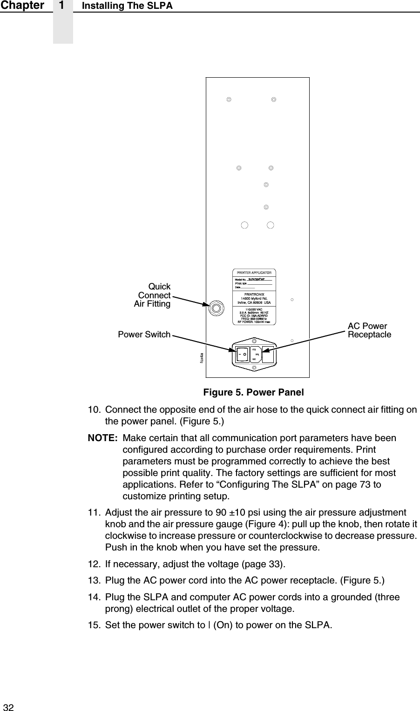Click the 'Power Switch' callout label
pyautogui.click(x=144, y=335)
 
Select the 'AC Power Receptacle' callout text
pyautogui.click(x=369, y=330)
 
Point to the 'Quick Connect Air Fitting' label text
pyautogui.click(x=153, y=295)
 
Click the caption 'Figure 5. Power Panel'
pyautogui.click(x=253, y=392)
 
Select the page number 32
pyautogui.click(x=9, y=707)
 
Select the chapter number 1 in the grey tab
pyautogui.click(x=62, y=6)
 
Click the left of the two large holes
pyautogui.click(x=244, y=225)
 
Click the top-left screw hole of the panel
pyautogui.click(x=229, y=100)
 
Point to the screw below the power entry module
pyautogui.click(x=254, y=368)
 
